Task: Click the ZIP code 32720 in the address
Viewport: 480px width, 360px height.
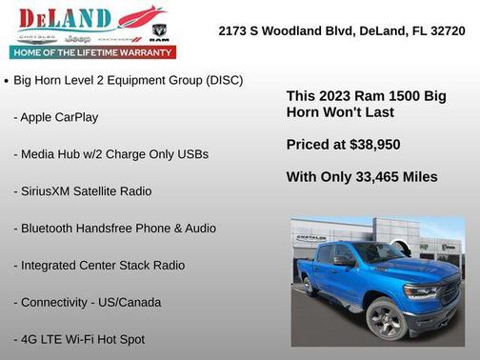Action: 447,30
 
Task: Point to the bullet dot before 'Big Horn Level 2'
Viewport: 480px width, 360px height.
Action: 7,81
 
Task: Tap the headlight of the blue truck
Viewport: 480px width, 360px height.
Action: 420,289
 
